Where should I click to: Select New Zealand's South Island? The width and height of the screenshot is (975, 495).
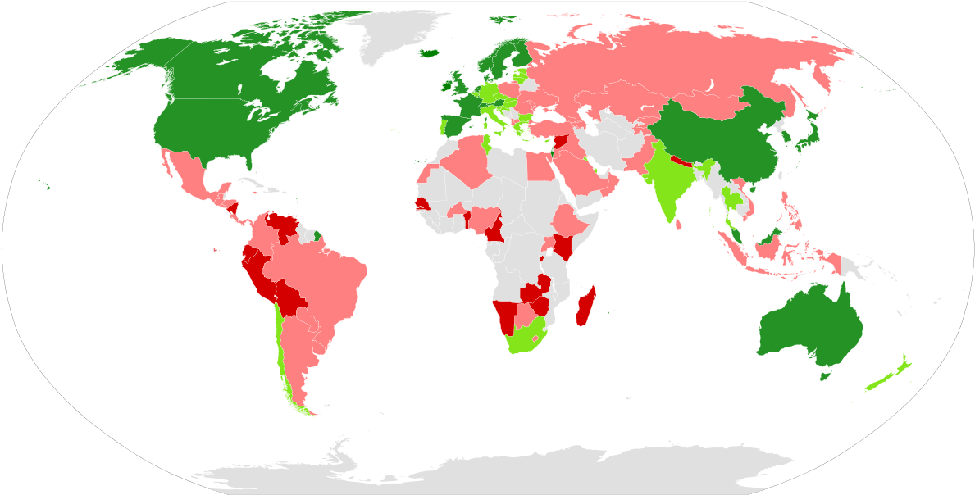coord(877,382)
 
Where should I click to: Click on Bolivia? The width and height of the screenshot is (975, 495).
coord(290,298)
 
